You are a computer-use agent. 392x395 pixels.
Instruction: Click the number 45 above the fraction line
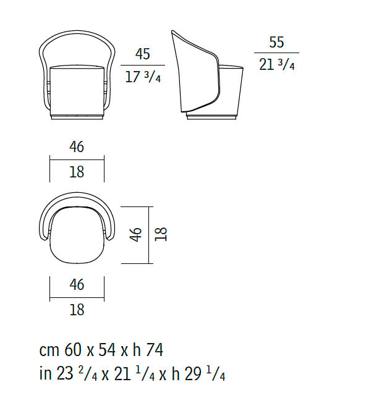[x=143, y=54]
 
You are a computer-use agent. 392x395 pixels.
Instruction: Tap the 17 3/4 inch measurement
[x=143, y=77]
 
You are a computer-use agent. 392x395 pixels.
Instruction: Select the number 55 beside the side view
[x=276, y=42]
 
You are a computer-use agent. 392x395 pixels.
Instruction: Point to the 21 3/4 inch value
[x=276, y=64]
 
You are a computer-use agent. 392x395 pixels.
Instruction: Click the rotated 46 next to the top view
[x=136, y=235]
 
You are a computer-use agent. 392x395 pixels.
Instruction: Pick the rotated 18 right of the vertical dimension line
[x=161, y=234]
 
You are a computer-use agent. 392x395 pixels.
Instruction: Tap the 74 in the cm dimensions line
[x=155, y=350]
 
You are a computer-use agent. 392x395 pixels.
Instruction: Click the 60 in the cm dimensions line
[x=73, y=350]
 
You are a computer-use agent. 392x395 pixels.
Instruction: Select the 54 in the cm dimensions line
[x=107, y=350]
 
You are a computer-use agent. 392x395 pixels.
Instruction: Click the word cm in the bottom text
[x=49, y=351]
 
